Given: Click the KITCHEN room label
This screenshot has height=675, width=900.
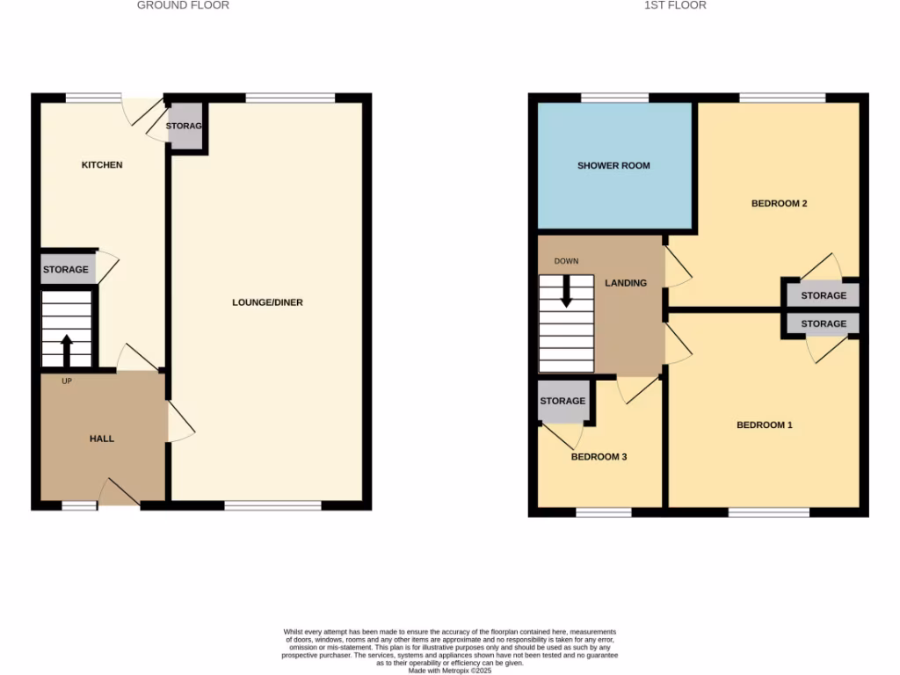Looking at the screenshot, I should click(x=102, y=165).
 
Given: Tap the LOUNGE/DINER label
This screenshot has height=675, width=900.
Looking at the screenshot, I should click(x=267, y=302).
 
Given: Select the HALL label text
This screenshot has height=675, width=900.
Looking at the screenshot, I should click(x=102, y=439).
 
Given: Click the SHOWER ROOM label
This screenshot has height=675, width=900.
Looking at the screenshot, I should click(x=613, y=165).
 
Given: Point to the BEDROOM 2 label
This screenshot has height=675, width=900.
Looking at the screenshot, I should click(x=779, y=204).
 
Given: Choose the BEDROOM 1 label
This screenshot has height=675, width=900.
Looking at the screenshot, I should click(x=764, y=425).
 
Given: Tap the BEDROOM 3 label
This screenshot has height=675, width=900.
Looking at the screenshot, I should click(x=599, y=457).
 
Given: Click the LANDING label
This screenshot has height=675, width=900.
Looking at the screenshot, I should click(x=626, y=283).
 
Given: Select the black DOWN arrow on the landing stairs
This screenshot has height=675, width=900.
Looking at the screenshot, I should click(x=566, y=291).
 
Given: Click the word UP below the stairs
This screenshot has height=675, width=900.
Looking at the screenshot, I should click(x=67, y=381).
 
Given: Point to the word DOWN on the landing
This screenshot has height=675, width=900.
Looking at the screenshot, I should click(x=566, y=261).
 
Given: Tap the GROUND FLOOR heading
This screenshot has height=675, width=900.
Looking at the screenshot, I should click(x=183, y=5).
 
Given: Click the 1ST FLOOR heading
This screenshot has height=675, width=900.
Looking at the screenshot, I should click(x=675, y=5).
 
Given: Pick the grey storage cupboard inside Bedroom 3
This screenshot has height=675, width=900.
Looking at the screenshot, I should click(x=562, y=401).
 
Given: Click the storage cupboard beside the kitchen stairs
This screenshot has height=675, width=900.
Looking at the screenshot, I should click(x=66, y=269).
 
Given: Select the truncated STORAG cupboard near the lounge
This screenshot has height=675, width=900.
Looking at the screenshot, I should click(x=185, y=127).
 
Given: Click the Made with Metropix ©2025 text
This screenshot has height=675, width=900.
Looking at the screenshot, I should click(x=449, y=671).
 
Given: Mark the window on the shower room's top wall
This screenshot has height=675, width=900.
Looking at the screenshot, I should click(x=614, y=97).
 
